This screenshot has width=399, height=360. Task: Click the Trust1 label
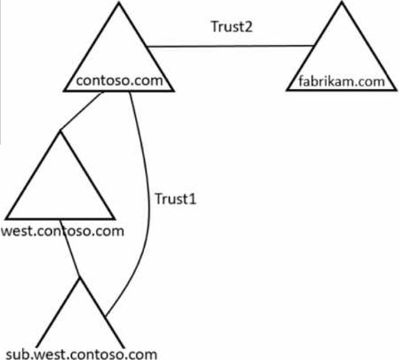pos(175,198)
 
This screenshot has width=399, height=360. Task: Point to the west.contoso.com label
pos(64,230)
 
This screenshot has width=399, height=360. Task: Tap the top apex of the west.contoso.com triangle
pos(59,132)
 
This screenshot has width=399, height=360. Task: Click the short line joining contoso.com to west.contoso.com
pos(79,113)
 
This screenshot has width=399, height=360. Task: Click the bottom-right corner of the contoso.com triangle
pos(173,91)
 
